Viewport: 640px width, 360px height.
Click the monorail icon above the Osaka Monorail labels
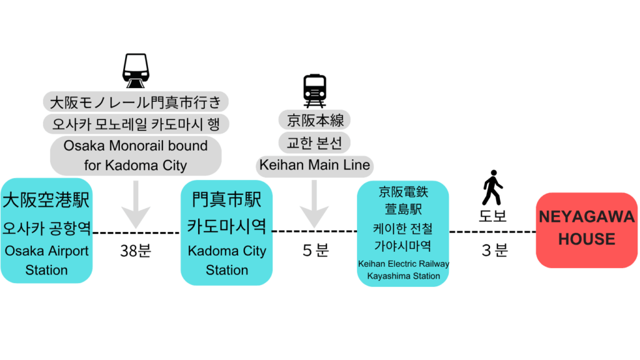click(x=136, y=71)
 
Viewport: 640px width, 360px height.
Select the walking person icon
click(x=492, y=187)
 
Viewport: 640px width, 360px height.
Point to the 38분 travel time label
click(x=136, y=251)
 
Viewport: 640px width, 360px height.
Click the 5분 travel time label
click(x=315, y=251)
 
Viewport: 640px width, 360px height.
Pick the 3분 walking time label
click(x=494, y=251)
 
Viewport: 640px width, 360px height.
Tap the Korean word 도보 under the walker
click(x=492, y=217)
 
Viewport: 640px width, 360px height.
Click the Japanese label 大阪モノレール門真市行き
click(x=136, y=101)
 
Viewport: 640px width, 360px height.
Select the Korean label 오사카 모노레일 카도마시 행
click(x=136, y=124)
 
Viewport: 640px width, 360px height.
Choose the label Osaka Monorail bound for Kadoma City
click(x=136, y=155)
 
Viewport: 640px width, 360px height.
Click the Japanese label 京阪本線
click(x=315, y=120)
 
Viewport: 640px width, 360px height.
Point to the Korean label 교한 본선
click(x=315, y=143)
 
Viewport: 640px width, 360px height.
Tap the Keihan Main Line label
click(x=315, y=166)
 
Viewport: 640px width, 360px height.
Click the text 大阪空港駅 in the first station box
click(x=46, y=200)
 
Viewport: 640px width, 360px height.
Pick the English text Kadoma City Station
click(x=227, y=261)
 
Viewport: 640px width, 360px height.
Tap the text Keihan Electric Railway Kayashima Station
click(x=403, y=270)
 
